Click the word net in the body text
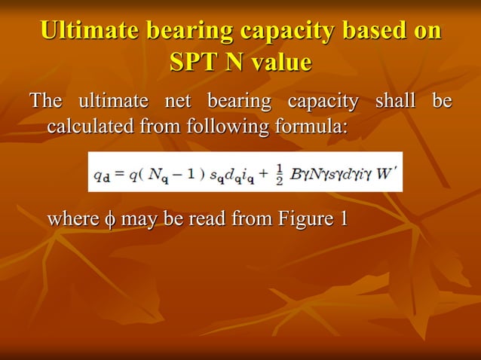click(173, 101)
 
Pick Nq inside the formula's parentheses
click(150, 172)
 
